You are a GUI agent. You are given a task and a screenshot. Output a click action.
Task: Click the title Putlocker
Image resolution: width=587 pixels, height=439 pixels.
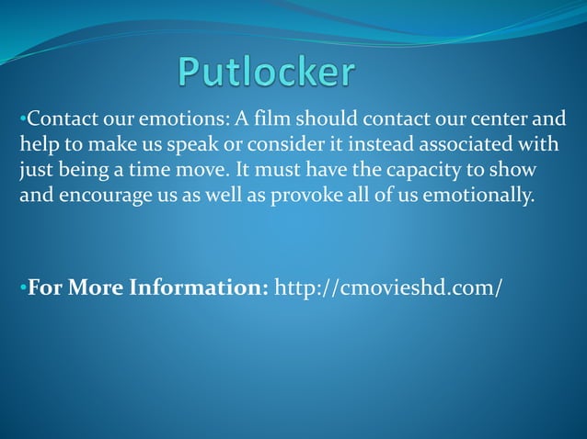pyautogui.click(x=267, y=73)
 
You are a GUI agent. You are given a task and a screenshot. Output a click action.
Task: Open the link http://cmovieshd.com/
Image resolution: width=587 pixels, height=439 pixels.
pyautogui.click(x=389, y=287)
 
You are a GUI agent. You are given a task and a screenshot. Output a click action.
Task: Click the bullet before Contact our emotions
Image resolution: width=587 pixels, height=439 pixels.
pyautogui.click(x=22, y=120)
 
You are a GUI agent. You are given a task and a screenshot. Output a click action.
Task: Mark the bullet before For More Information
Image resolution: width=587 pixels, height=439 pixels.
pyautogui.click(x=22, y=288)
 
